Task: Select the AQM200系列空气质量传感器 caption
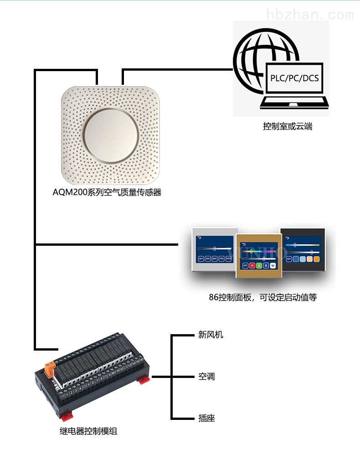coord(107,192)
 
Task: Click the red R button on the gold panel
coord(252,265)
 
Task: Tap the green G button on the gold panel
coord(259,265)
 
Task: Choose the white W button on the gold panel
coord(273,265)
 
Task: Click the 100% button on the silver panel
coord(228,258)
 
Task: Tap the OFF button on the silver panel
coord(201,258)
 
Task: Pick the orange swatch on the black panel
coord(316,258)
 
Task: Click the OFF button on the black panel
coord(289,258)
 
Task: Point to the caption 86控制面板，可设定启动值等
coord(262,298)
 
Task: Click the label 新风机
coord(211,335)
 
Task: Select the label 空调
coord(206,377)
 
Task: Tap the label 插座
coord(206,418)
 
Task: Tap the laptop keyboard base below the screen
coord(294,102)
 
